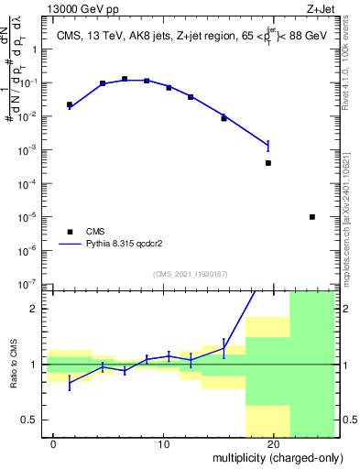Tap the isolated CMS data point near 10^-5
[312, 217]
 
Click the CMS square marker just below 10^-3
[268, 163]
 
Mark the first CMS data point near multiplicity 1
[70, 104]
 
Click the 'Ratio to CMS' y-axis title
[16, 365]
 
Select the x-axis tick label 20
[272, 444]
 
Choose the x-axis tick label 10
[163, 444]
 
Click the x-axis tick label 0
[54, 444]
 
